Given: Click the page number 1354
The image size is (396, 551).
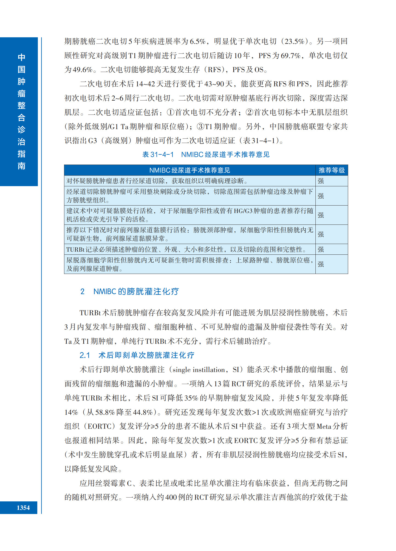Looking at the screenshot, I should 23,508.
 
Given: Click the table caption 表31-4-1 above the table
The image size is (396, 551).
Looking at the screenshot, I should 158,155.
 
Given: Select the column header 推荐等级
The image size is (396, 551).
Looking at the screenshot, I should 332,170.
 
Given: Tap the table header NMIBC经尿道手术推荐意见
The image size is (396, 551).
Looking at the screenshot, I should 189,170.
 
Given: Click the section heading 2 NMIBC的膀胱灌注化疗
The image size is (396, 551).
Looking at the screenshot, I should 129,291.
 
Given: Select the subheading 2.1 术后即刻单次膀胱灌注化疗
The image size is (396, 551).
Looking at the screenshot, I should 137,355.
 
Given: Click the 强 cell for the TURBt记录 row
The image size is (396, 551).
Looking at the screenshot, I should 321,249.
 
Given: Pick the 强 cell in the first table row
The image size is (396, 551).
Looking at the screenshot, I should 321,181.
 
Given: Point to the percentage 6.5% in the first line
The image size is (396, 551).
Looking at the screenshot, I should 197,41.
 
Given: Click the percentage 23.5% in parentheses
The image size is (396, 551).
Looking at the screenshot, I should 294,41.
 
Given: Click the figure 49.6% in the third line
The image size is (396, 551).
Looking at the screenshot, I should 82,70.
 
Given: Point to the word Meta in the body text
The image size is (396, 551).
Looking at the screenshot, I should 324,427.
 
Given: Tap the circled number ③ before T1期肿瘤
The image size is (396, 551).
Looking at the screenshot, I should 200,127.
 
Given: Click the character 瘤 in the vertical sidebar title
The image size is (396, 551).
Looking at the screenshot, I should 21,93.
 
